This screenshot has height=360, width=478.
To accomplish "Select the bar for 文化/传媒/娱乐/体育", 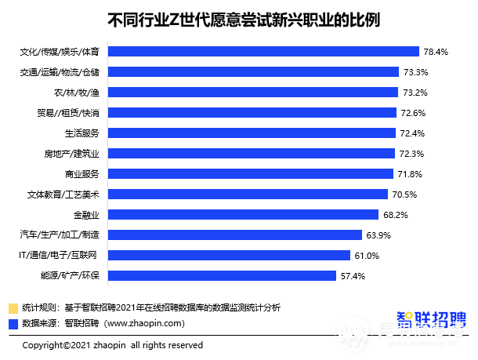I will [x=263, y=52].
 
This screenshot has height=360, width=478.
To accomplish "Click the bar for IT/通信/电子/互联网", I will [x=228, y=255].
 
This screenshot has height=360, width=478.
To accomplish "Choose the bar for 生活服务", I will [x=252, y=133].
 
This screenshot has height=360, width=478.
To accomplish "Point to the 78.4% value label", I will [x=436, y=52].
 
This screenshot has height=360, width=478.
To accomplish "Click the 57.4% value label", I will [x=353, y=275].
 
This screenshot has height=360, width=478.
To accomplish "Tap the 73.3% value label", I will [x=415, y=72].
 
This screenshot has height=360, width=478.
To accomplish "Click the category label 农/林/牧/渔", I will [x=76, y=93].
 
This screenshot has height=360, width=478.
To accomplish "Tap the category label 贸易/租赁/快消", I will [x=69, y=113].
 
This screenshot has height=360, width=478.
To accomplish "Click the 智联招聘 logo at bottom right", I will [x=430, y=322].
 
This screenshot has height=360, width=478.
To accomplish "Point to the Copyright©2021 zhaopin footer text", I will [x=112, y=345].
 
